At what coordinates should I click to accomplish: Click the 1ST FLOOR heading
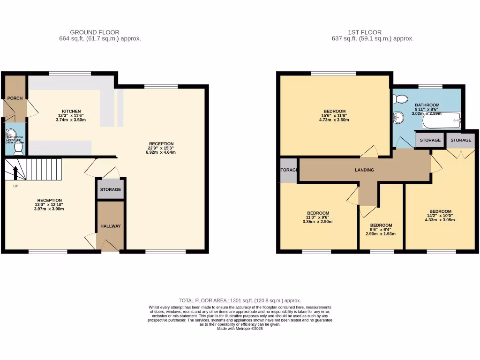click(364, 32)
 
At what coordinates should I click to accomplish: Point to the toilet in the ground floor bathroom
click(19, 148)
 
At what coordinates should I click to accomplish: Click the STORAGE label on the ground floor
click(111, 190)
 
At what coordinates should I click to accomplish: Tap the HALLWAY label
click(111, 226)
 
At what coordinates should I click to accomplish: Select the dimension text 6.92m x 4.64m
click(161, 152)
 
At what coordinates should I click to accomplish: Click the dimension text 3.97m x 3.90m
click(50, 209)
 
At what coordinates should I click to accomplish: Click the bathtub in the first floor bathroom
click(441, 121)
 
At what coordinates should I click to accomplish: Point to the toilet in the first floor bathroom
click(400, 98)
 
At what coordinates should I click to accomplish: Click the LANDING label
click(364, 170)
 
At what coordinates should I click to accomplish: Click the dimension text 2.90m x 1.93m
click(381, 234)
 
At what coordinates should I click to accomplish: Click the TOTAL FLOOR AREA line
click(240, 300)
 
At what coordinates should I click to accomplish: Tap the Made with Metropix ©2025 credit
click(240, 329)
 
